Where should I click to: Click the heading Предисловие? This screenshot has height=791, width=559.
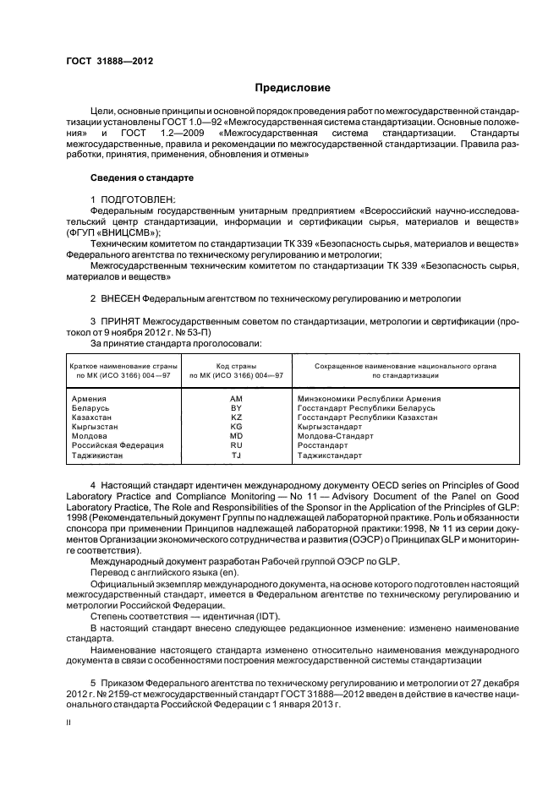293,89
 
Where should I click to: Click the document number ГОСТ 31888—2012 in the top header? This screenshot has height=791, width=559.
105,61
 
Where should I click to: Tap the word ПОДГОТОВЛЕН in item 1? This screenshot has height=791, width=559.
138,199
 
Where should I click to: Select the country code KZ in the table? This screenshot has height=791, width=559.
236,417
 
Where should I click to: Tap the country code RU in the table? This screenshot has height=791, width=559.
236,445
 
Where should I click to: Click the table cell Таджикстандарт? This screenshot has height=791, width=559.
330,455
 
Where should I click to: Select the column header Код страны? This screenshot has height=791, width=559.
236,365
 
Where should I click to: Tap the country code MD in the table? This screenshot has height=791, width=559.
236,436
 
